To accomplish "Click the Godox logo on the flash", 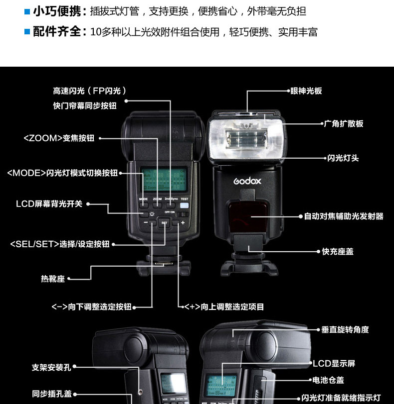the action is [247, 181].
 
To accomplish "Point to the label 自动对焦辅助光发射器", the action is [344, 216].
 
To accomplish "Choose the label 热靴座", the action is [53, 279].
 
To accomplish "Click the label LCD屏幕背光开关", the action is [49, 203].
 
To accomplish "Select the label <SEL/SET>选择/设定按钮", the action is [59, 244].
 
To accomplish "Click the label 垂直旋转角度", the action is [345, 329].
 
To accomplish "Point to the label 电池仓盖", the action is [328, 380].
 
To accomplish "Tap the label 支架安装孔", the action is [51, 368].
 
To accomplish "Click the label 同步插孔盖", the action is [52, 394].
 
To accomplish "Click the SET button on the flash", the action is [165, 223].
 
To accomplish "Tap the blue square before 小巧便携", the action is [27, 11].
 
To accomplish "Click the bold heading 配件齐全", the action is [57, 32].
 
